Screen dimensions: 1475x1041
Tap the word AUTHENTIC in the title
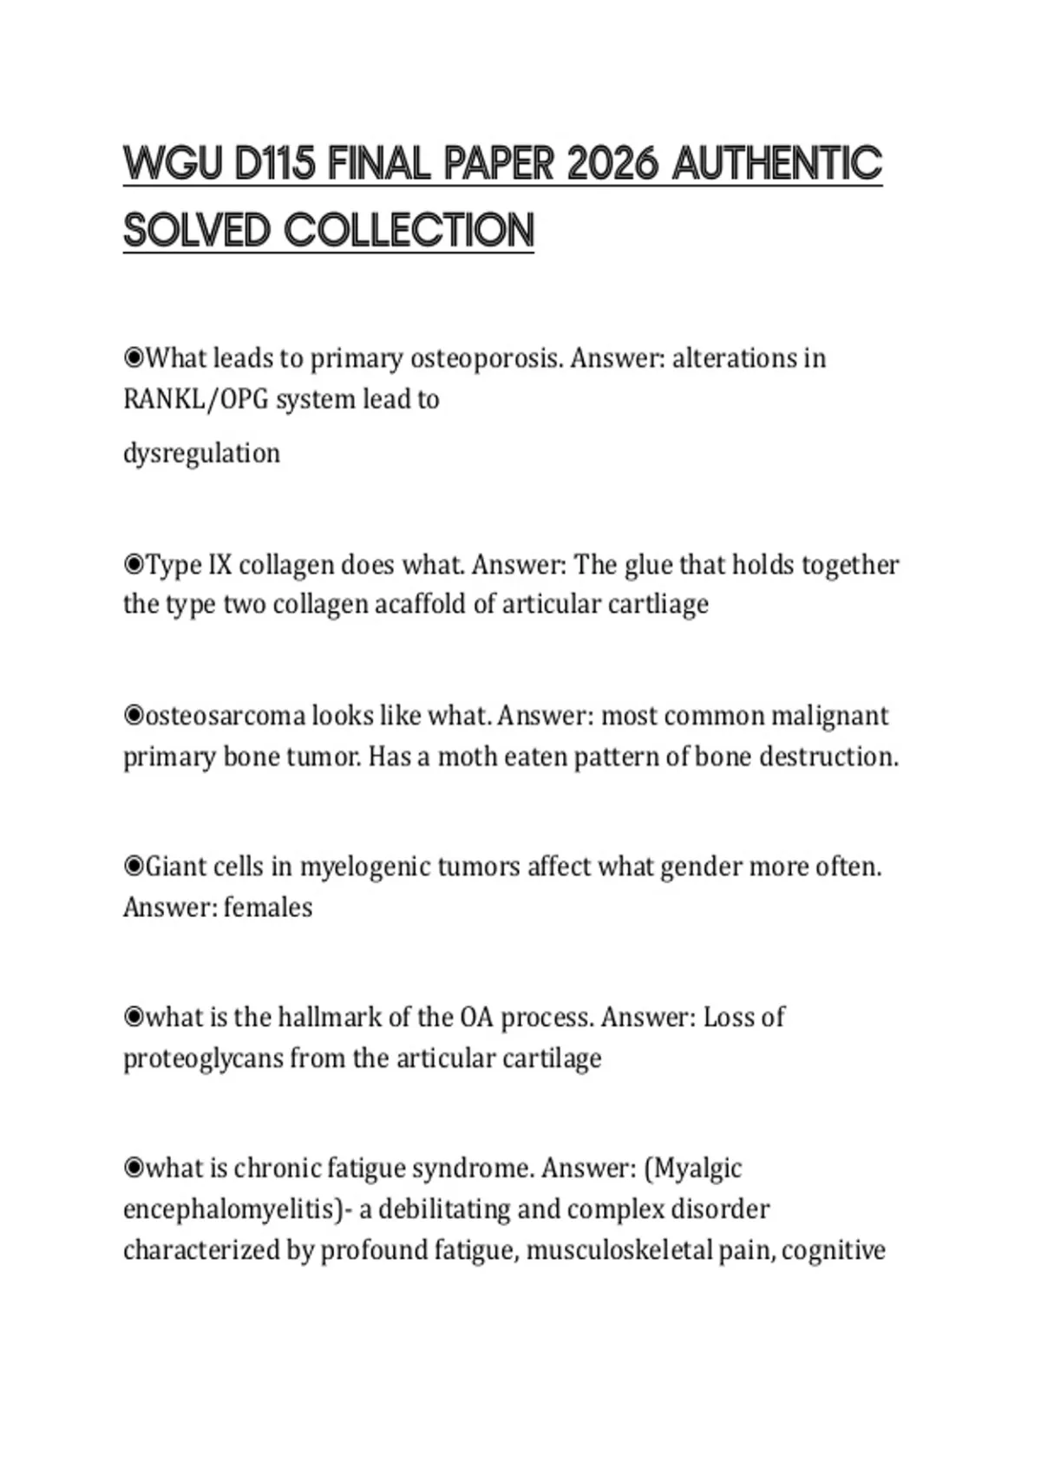(777, 164)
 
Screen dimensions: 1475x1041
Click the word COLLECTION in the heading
(409, 231)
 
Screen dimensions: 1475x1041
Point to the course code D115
(275, 164)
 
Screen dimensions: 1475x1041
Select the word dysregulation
(201, 453)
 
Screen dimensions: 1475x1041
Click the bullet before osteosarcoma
(134, 716)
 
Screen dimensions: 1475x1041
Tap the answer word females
(268, 908)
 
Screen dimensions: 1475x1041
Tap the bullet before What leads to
(134, 357)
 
